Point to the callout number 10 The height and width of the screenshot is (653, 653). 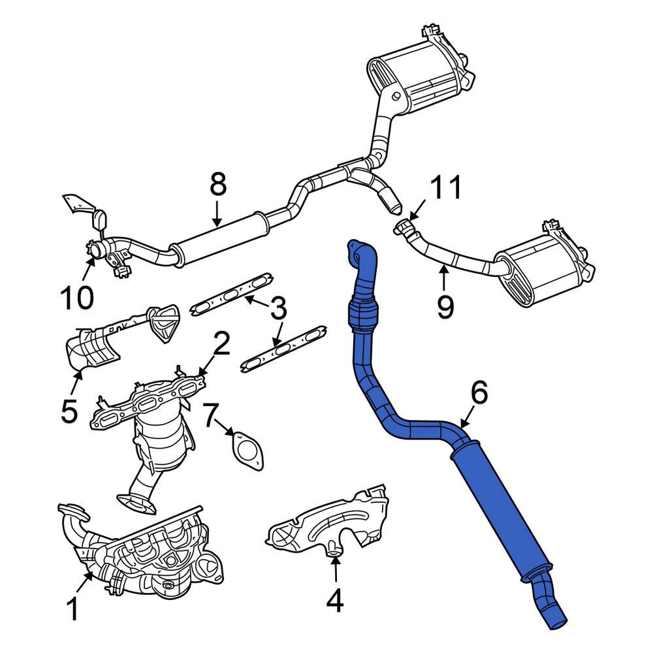[77, 298]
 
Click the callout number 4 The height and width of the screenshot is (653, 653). [334, 601]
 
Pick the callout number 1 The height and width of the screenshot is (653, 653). [73, 611]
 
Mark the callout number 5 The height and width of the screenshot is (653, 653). [69, 411]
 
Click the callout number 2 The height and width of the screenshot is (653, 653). [221, 344]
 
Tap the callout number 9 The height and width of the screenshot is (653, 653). [445, 306]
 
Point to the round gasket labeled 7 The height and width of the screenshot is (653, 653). [246, 450]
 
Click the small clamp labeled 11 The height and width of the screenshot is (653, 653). [405, 227]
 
